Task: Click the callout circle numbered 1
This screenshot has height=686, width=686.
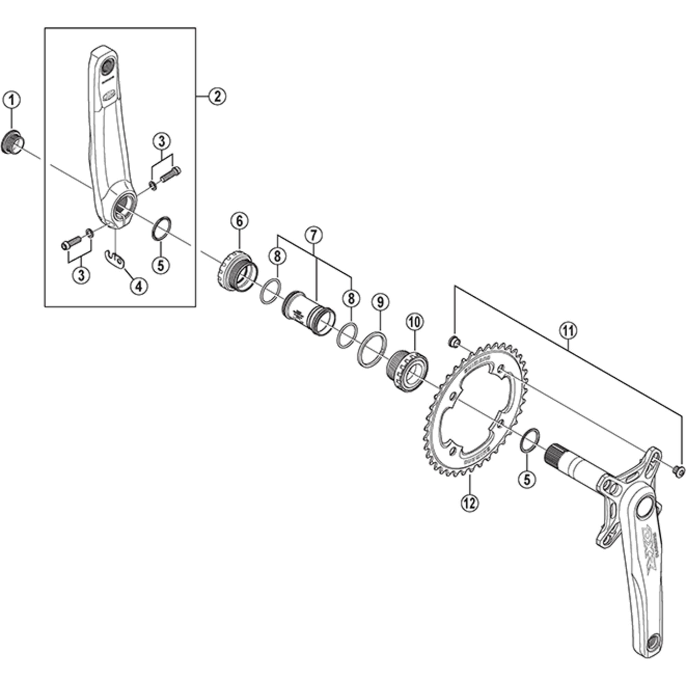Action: (12, 100)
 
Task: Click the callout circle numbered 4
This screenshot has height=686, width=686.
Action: (139, 285)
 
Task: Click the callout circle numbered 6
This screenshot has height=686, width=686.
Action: (239, 221)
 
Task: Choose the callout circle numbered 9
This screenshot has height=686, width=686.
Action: (380, 302)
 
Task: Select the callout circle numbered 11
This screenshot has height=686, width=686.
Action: (568, 331)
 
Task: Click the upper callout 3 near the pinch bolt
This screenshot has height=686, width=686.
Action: (162, 142)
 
